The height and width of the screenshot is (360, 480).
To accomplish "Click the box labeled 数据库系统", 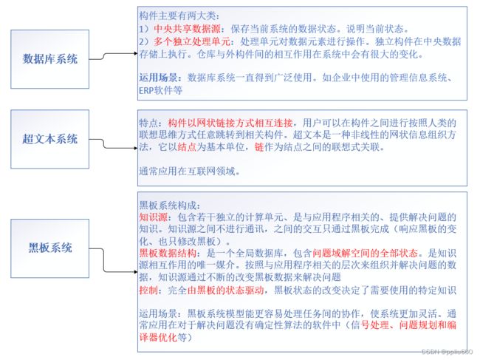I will pos(52,58).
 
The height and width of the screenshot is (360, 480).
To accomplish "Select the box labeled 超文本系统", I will pos(52,139).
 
